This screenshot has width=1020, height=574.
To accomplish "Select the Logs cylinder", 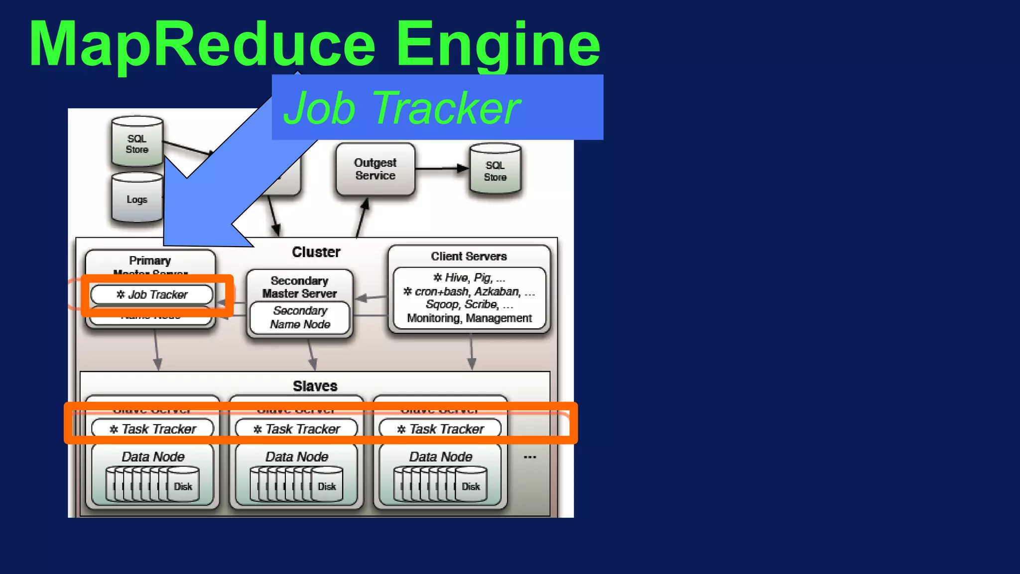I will coord(137,199).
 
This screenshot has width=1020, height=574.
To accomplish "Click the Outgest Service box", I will coord(375,169).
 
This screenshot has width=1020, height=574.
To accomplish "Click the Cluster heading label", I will coord(316,252).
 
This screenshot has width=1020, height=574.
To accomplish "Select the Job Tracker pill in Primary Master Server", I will coord(152,294).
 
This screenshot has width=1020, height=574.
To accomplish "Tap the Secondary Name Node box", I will coord(300,317).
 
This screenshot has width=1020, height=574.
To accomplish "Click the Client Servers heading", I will coord(469,256).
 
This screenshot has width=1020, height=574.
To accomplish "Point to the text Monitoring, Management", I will coord(469,318).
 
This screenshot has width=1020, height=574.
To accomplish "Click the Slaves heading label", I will coord(315,386).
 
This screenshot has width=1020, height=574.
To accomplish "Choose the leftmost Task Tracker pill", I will coord(152,429).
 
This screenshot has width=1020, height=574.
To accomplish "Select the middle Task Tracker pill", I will coord(296,429).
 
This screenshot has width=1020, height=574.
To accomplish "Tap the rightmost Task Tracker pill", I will coord(440,429).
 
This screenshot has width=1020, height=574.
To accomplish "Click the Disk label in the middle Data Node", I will coord(327,486).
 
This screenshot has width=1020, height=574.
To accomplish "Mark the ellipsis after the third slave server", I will coord(530,457).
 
